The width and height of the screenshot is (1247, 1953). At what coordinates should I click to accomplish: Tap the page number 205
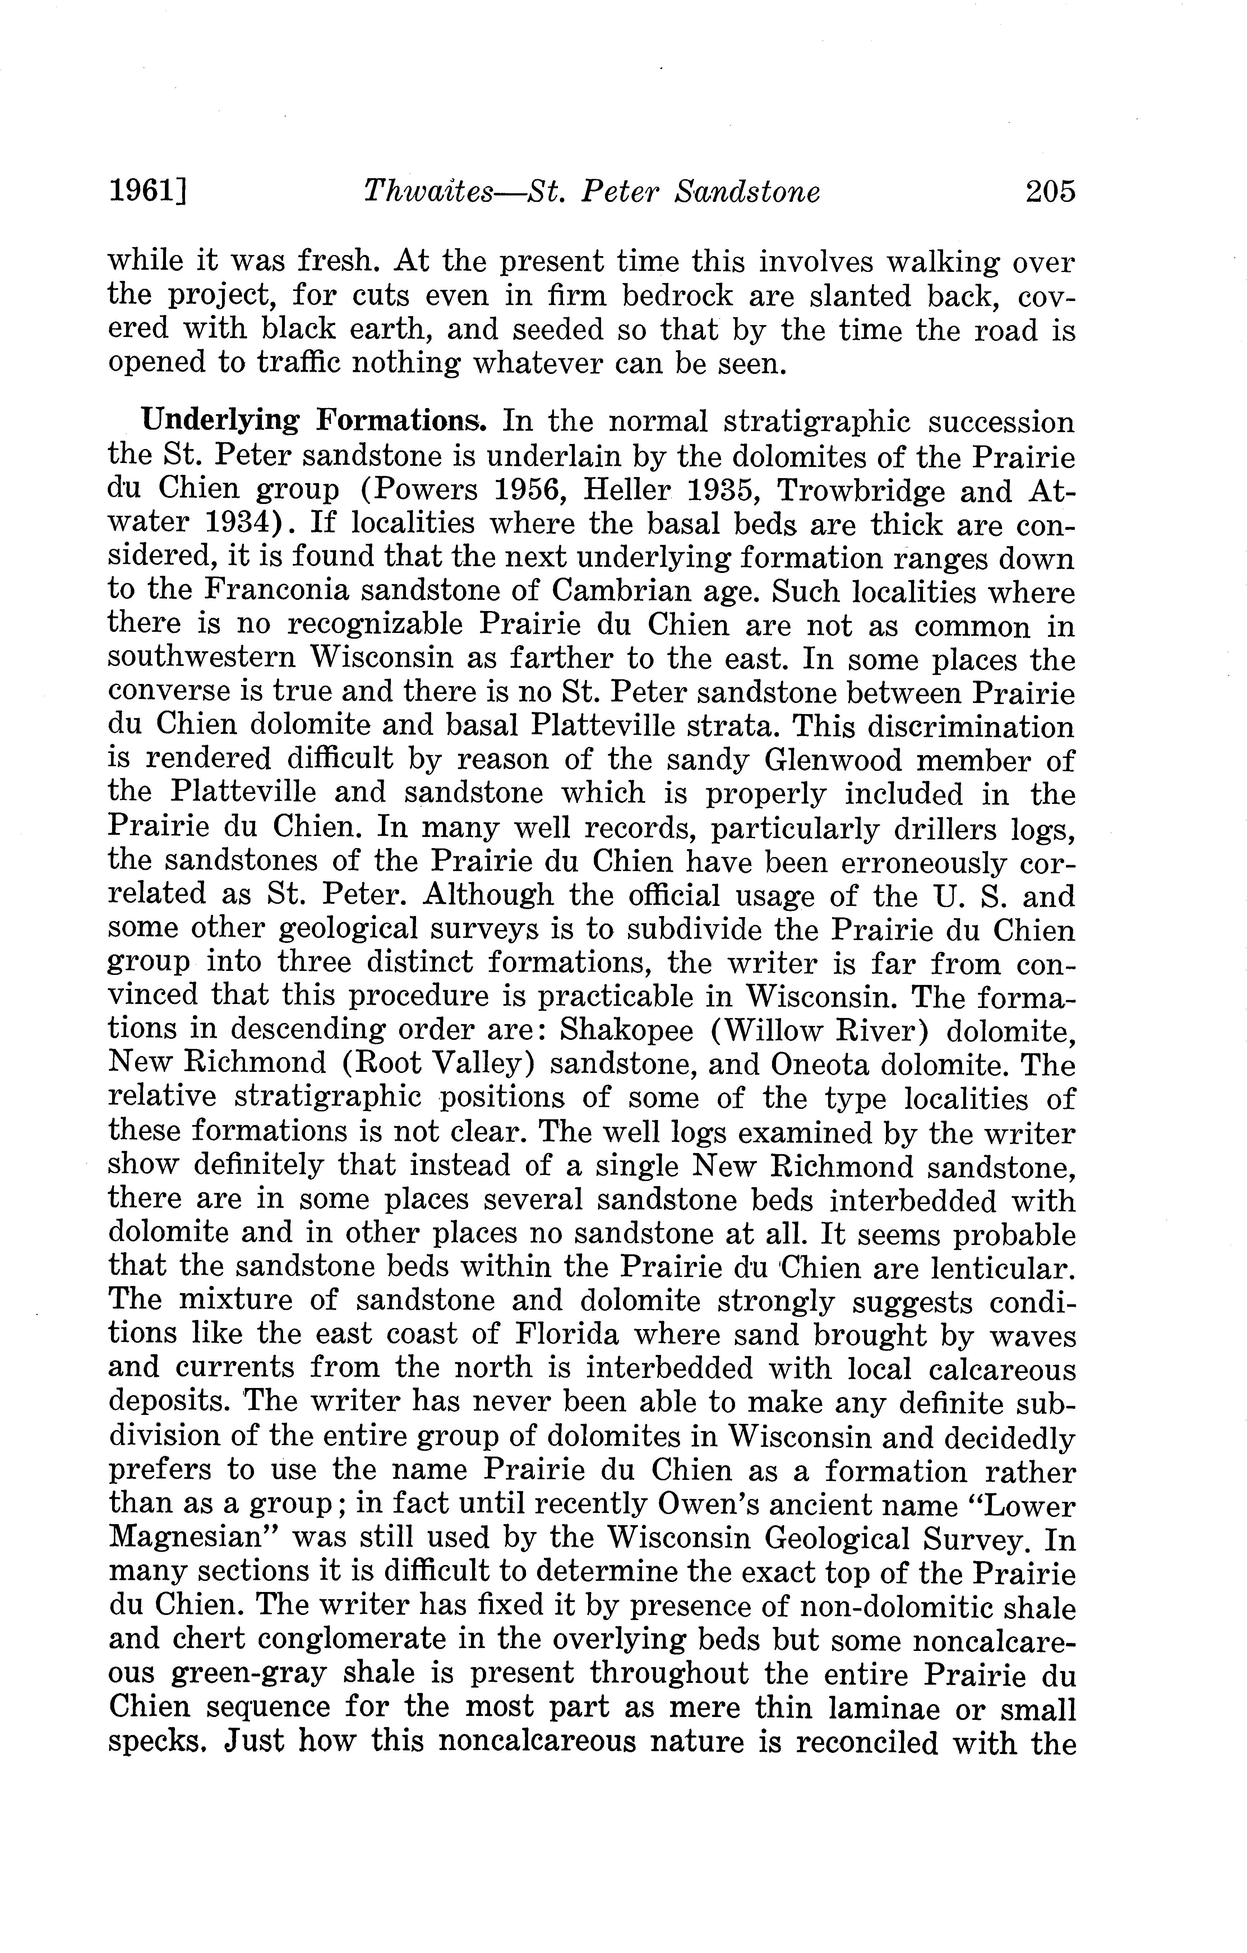pos(1049,192)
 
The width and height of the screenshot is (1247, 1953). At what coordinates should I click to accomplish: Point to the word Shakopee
pos(626,1031)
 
